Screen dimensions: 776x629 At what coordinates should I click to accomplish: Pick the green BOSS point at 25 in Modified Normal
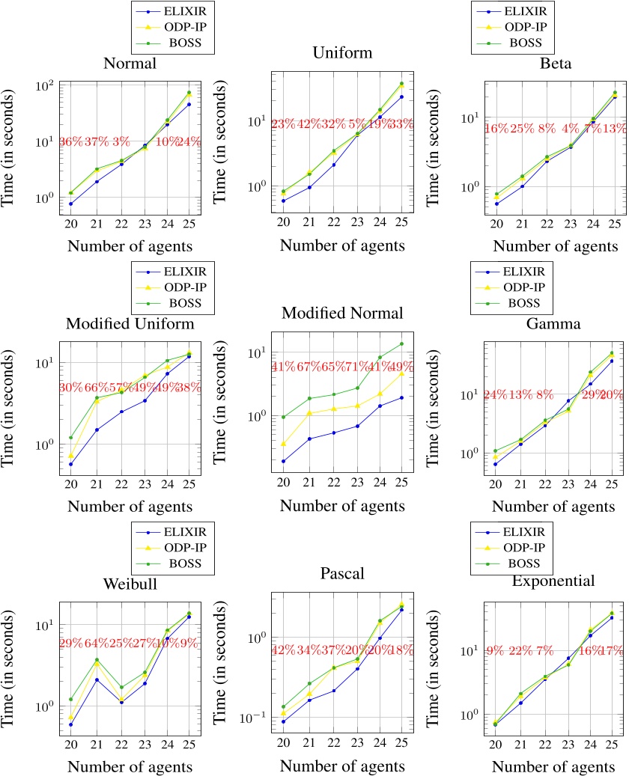pyautogui.click(x=401, y=344)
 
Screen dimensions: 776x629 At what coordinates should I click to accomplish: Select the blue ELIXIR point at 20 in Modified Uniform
pyautogui.click(x=70, y=464)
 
